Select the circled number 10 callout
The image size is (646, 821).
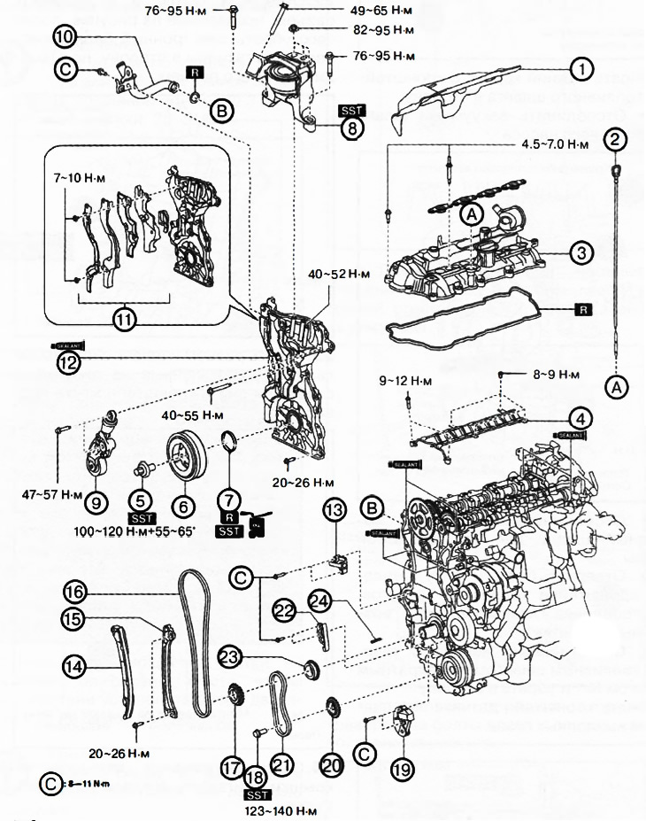[65, 37]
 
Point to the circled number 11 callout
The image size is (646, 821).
[125, 319]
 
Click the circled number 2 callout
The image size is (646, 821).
[617, 138]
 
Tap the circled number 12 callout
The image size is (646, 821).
[67, 360]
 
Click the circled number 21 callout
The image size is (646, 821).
[281, 765]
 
